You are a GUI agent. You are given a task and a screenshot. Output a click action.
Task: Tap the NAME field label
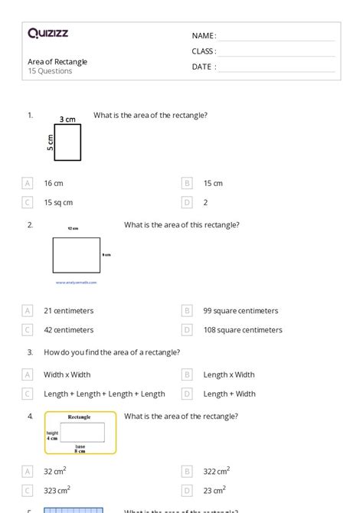[x=204, y=36]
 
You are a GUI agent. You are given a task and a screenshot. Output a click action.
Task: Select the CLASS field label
[x=204, y=51]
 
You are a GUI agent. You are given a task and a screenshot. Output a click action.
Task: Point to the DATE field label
[x=204, y=67]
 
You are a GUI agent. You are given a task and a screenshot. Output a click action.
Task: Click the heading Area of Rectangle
[x=57, y=61]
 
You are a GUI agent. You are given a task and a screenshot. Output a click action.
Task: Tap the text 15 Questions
[x=50, y=71]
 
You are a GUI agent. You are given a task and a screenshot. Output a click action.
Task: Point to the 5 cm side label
[x=51, y=143]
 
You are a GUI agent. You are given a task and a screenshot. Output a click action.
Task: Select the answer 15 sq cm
[x=58, y=202]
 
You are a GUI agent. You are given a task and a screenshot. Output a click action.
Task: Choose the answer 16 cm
[x=53, y=183]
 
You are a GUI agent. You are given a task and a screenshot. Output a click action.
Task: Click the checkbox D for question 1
[x=186, y=202]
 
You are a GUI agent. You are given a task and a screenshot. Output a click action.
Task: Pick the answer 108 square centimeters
[x=243, y=330]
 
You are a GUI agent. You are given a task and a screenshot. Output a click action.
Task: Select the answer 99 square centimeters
[x=240, y=311]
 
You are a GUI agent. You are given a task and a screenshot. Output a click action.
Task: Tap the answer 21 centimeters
[x=68, y=311]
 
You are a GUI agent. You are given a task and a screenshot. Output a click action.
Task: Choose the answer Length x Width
[x=229, y=374]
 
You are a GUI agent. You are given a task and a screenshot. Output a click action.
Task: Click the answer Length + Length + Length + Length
[x=104, y=394]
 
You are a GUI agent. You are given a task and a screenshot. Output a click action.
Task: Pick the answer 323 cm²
[x=57, y=490]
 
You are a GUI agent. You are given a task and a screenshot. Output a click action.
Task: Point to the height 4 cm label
[x=52, y=436]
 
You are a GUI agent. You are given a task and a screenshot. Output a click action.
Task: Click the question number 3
[x=30, y=352]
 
